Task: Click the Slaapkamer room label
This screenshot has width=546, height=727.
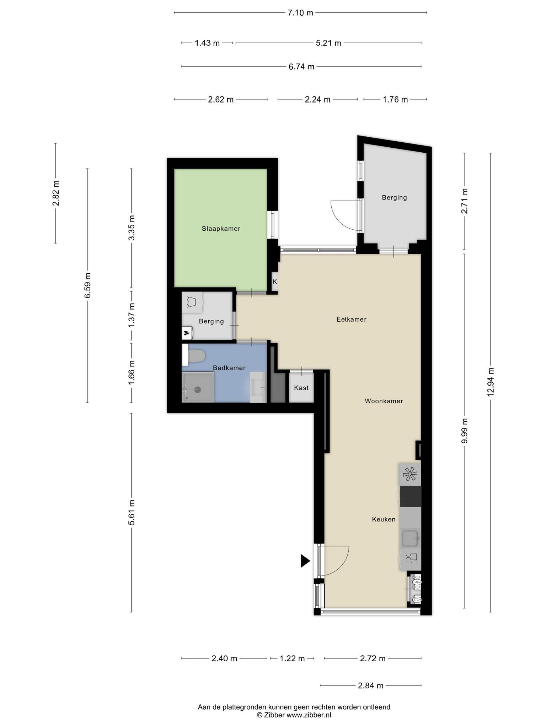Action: [x=221, y=229]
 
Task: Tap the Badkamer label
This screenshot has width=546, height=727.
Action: [x=229, y=368]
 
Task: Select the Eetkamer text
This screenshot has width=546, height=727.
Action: [x=352, y=319]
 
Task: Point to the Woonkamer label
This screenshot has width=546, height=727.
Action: [x=384, y=401]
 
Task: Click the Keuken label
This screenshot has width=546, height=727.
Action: [x=384, y=519]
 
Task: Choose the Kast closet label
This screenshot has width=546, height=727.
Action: [x=301, y=388]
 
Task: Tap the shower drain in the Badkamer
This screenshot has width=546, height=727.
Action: [x=198, y=389]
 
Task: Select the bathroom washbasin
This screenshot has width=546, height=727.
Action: [x=258, y=387]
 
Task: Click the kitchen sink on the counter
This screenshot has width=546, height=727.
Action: [x=411, y=538]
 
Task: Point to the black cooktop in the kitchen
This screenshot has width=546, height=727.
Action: [x=411, y=496]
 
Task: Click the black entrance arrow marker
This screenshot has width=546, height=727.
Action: [x=305, y=561]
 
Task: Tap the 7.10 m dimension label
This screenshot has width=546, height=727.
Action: [x=301, y=13]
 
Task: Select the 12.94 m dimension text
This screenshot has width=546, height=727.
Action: [x=491, y=382]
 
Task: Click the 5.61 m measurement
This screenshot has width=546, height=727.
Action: [x=132, y=512]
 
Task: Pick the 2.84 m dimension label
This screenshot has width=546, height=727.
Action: [x=371, y=685]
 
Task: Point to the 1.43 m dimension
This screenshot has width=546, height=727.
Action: [x=207, y=43]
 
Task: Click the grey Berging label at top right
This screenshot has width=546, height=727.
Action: [x=395, y=197]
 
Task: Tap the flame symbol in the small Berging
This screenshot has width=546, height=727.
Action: [x=186, y=333]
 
